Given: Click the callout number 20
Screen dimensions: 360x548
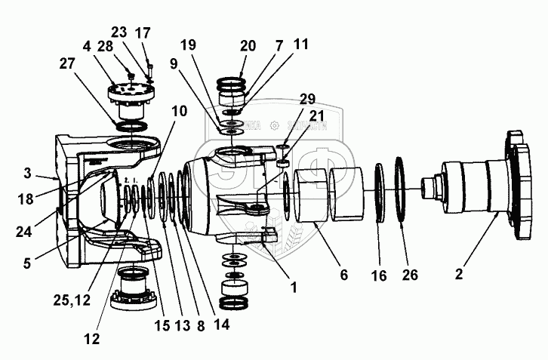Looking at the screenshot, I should [247, 45].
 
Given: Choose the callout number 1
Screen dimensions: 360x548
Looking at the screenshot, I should [294, 288].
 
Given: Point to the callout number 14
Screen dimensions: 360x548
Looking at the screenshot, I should [223, 326].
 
